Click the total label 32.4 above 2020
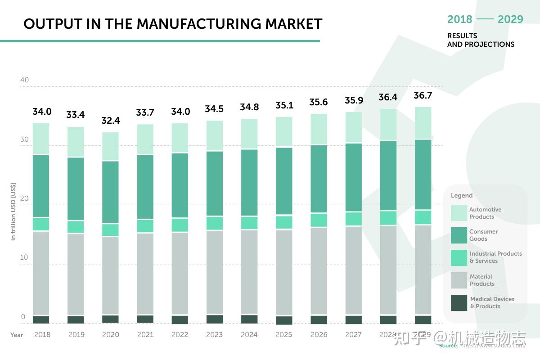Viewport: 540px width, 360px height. pyautogui.click(x=111, y=121)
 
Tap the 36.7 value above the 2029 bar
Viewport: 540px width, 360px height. pyautogui.click(x=423, y=95)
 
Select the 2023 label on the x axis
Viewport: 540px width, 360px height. pyautogui.click(x=214, y=334)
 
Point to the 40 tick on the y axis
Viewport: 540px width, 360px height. pyautogui.click(x=24, y=80)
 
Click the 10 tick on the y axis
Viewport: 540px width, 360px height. pyautogui.click(x=24, y=257)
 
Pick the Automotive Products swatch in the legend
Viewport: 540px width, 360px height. pyautogui.click(x=459, y=213)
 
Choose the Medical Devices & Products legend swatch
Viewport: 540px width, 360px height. pyautogui.click(x=459, y=302)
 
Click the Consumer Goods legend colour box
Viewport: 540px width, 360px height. pyautogui.click(x=459, y=235)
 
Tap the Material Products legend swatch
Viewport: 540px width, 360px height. pyautogui.click(x=459, y=280)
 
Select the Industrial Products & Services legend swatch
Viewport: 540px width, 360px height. pyautogui.click(x=459, y=257)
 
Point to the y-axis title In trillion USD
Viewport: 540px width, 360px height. pyautogui.click(x=13, y=211)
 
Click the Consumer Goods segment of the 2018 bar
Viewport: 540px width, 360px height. pyautogui.click(x=41, y=186)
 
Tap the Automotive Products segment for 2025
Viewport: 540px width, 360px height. pyautogui.click(x=284, y=131)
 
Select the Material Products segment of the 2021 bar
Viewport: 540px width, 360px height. pyautogui.click(x=145, y=273)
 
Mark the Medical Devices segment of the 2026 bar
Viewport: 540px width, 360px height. pyautogui.click(x=319, y=319)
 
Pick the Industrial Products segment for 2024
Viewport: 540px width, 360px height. pyautogui.click(x=249, y=223)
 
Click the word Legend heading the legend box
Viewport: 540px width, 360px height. pyautogui.click(x=462, y=195)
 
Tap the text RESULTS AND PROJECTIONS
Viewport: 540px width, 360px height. pyautogui.click(x=481, y=40)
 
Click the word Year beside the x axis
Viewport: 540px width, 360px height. pyautogui.click(x=17, y=334)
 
